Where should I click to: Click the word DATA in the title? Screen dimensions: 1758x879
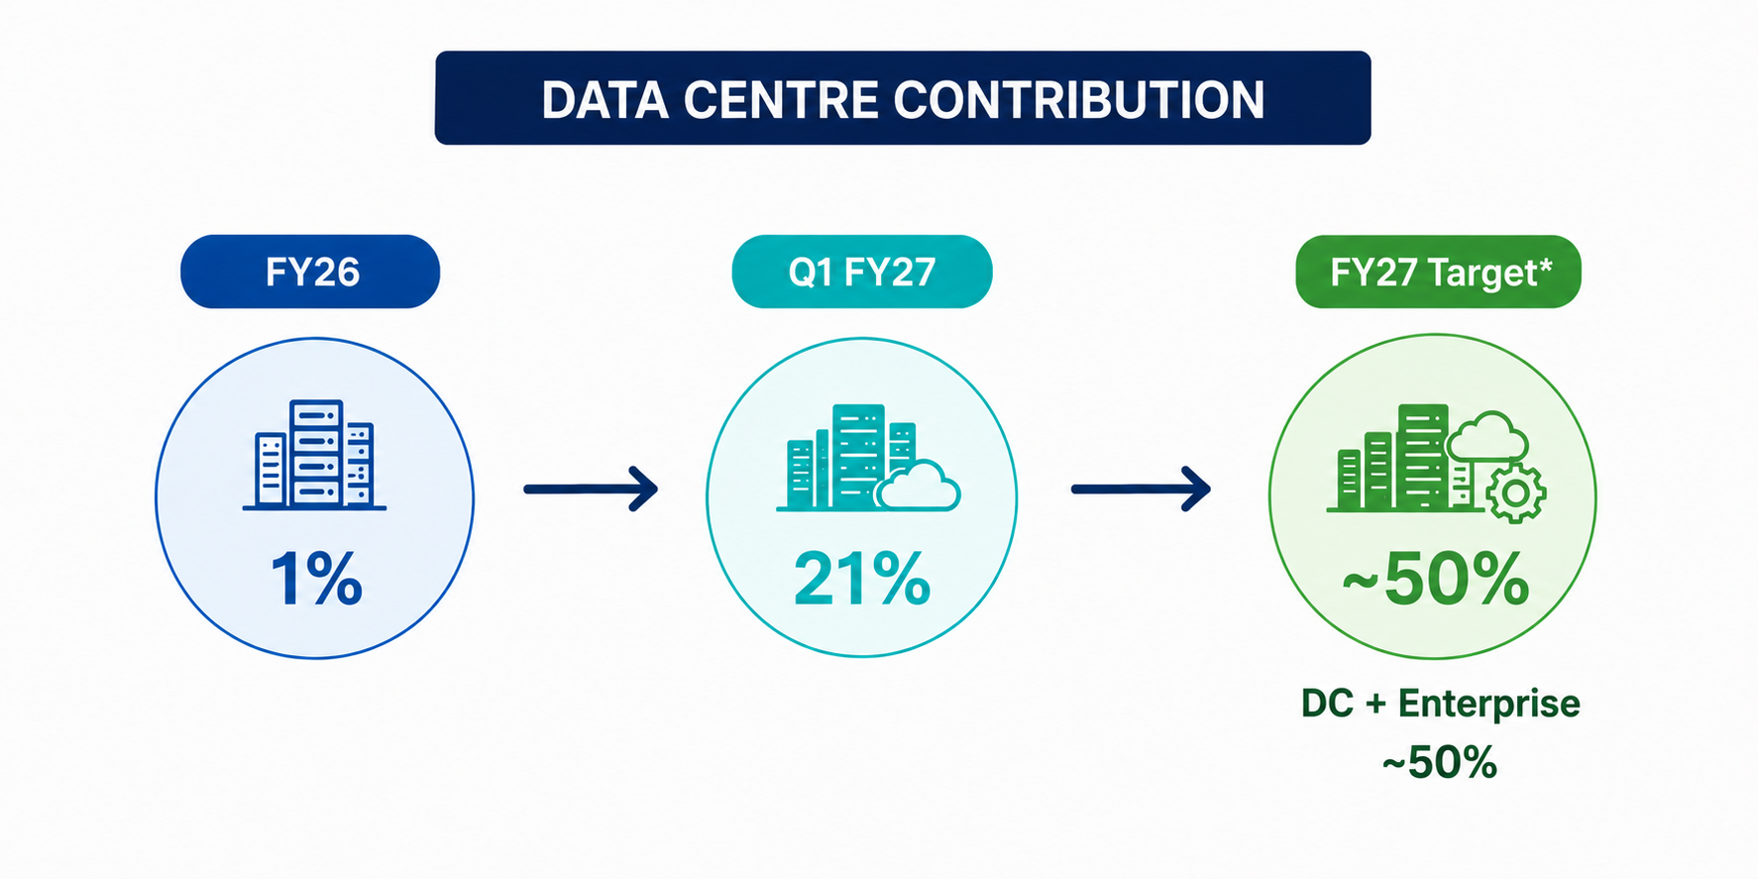click(604, 100)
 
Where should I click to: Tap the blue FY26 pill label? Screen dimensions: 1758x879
click(310, 272)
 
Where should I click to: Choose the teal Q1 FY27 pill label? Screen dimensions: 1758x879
click(862, 272)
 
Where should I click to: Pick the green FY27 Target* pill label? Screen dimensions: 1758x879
click(1438, 272)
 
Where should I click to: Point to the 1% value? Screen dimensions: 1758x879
click(316, 579)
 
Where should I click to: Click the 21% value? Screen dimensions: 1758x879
click(862, 579)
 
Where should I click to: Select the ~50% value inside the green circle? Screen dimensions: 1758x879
click(1436, 579)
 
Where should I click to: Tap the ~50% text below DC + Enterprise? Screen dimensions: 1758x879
click(1439, 762)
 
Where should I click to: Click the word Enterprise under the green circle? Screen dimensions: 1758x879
click(1489, 704)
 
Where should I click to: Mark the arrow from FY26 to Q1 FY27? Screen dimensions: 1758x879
click(591, 489)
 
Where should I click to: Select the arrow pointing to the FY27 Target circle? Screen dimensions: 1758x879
click(1141, 489)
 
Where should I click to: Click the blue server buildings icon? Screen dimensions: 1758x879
click(314, 455)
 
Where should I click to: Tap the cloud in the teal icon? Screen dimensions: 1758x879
click(919, 486)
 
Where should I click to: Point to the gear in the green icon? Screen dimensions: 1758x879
click(1514, 493)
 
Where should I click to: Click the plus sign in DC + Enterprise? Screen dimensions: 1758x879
click(1375, 704)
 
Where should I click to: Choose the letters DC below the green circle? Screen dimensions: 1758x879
click(1327, 704)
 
